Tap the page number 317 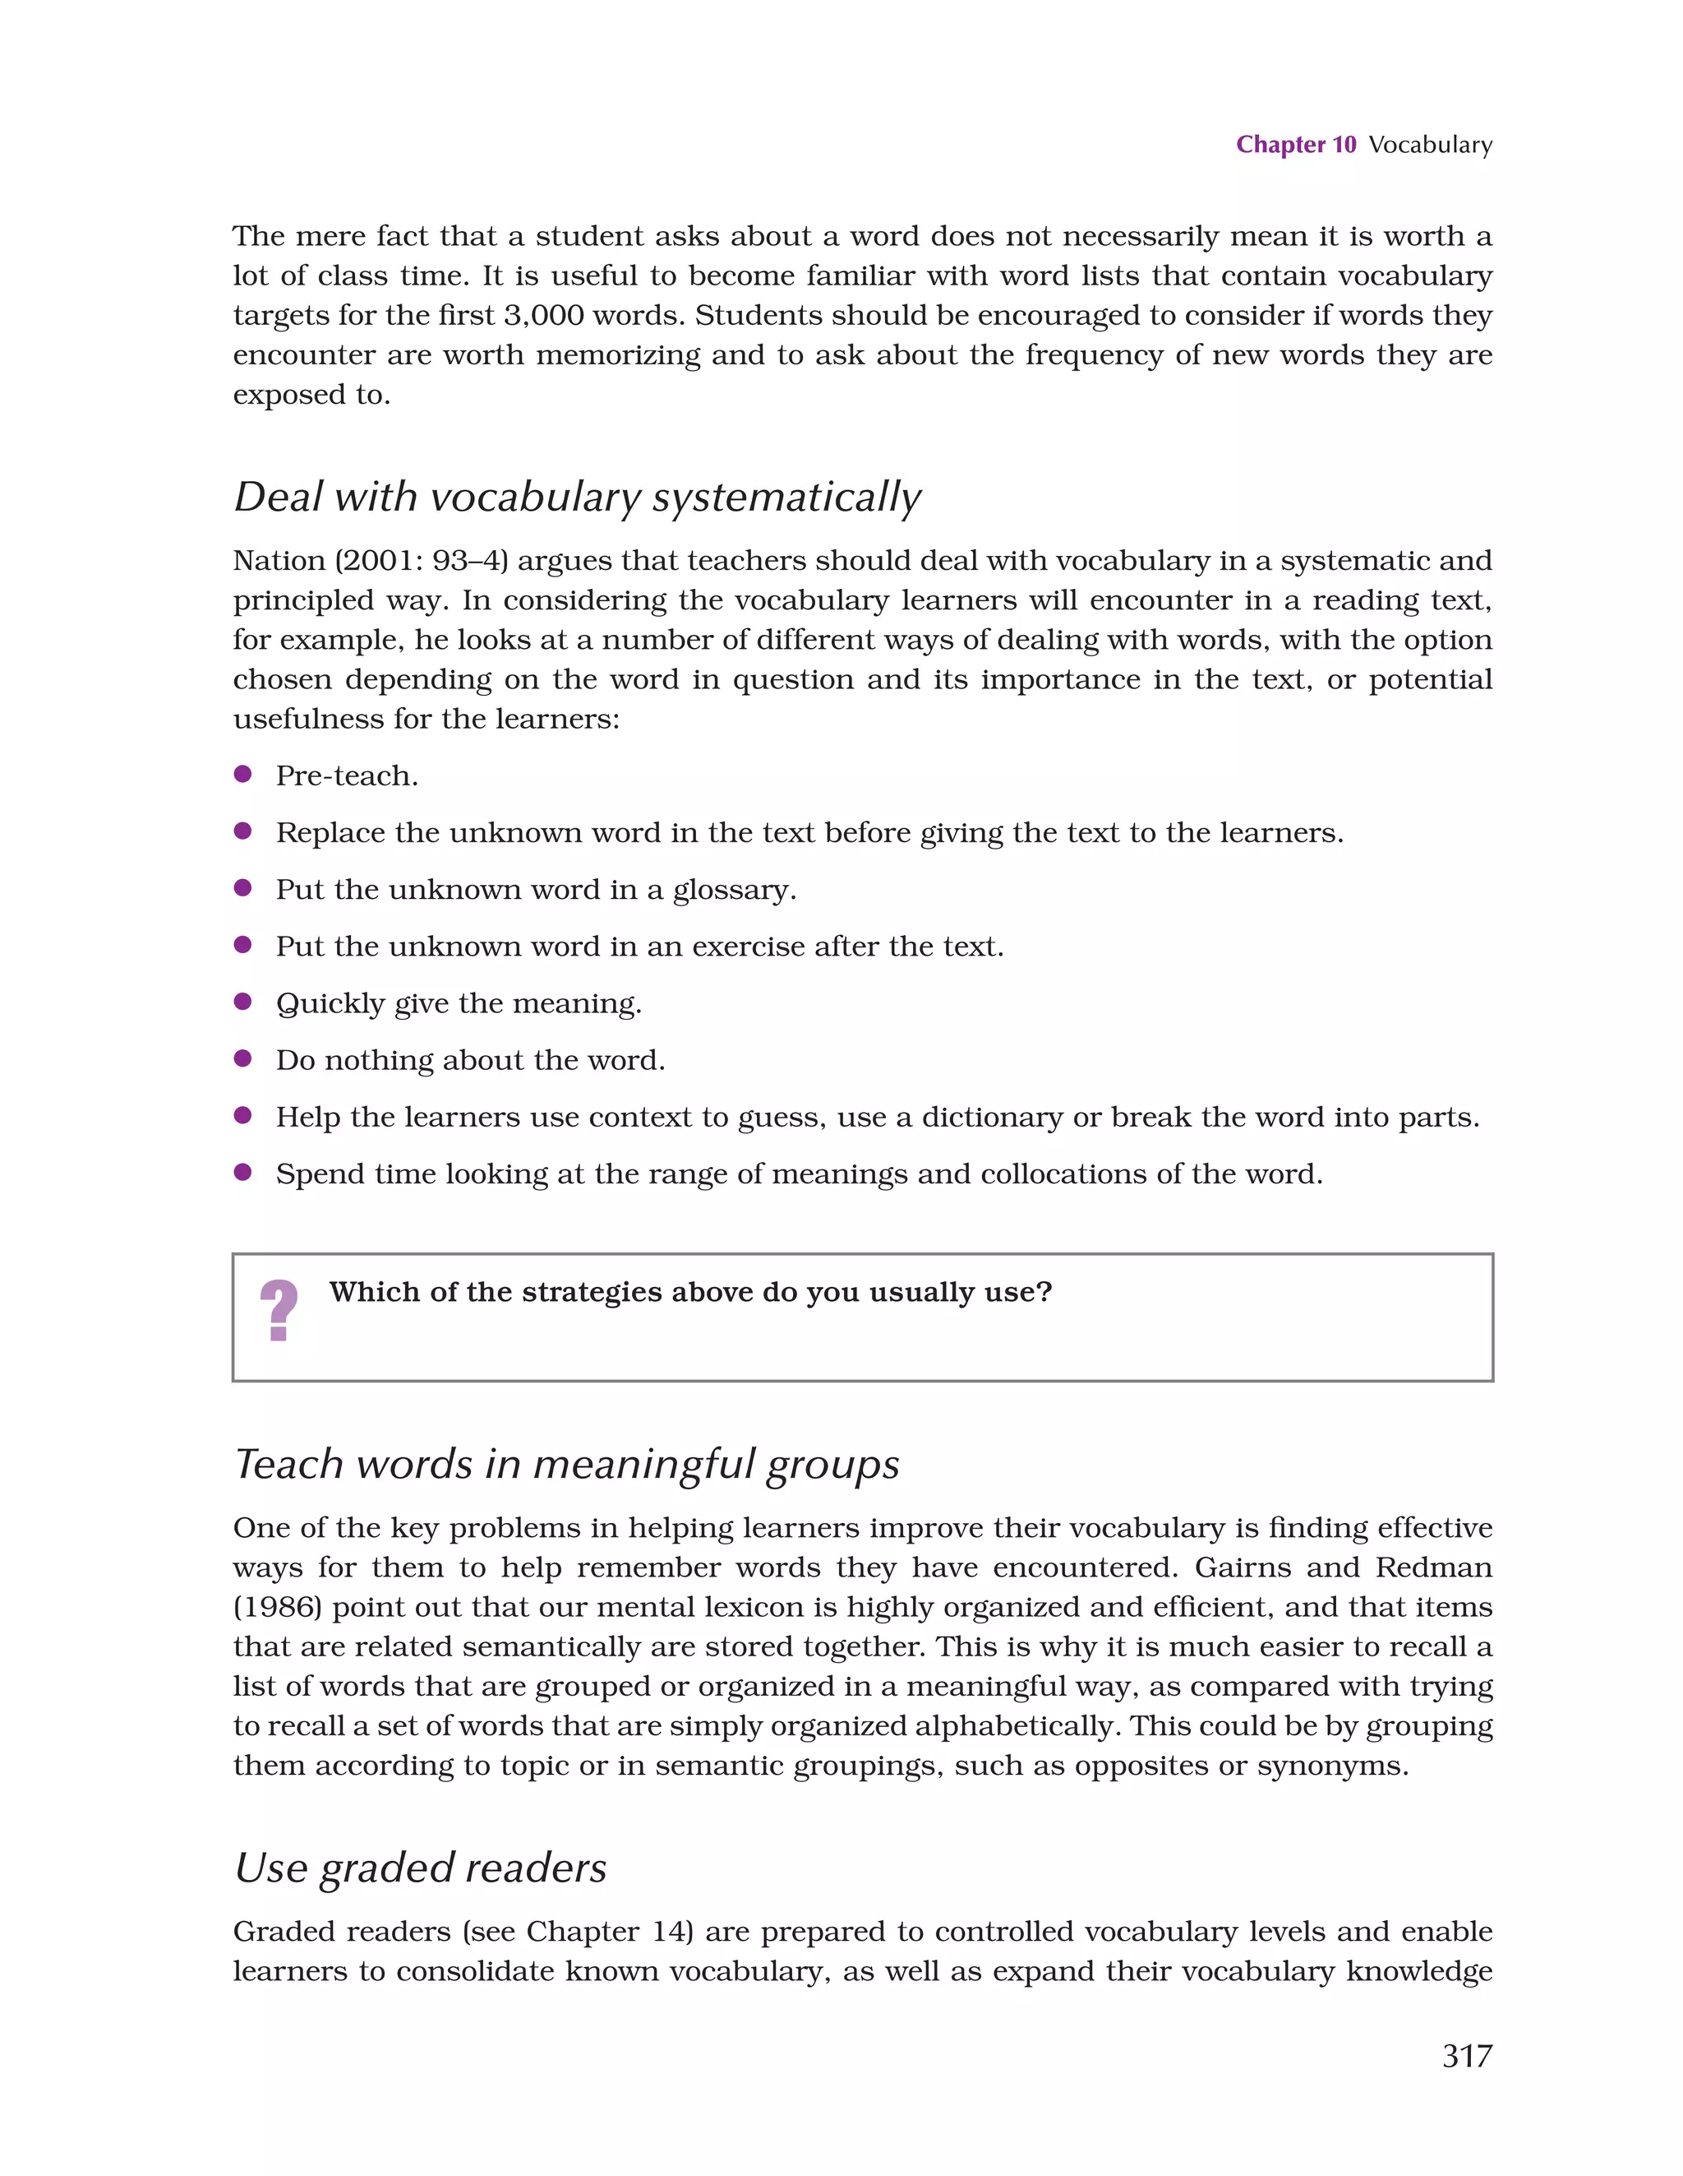[1466, 2055]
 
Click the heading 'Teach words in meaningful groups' [565, 1465]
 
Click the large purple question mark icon [279, 1311]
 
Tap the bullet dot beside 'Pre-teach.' [242, 774]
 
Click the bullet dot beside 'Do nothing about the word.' [242, 1058]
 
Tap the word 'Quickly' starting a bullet [330, 1003]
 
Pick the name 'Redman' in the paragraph [1433, 1568]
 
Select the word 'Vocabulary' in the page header [1430, 145]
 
